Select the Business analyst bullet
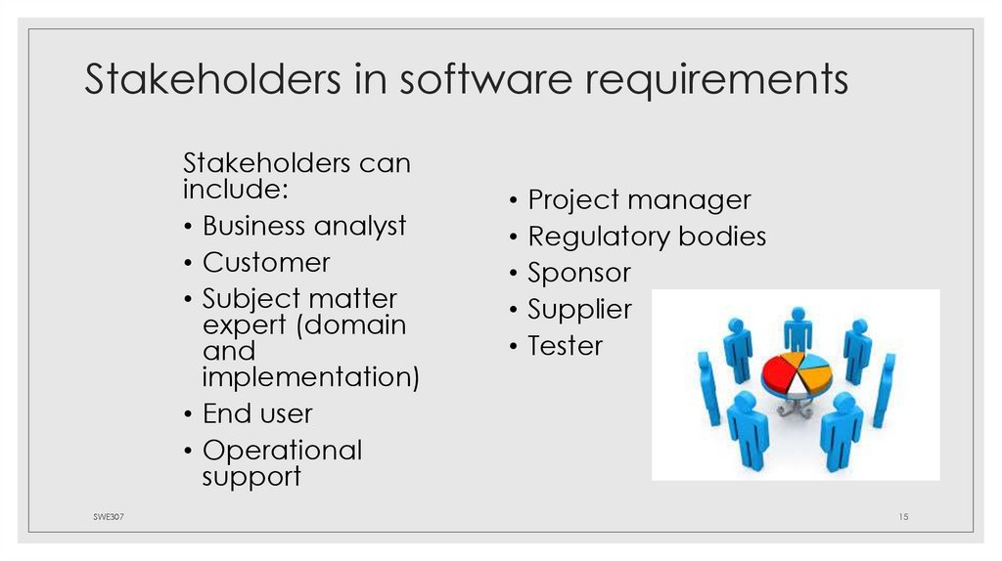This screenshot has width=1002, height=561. [303, 226]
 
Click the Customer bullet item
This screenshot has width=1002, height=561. [266, 263]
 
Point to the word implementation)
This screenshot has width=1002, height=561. [311, 376]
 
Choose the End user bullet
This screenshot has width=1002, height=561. [257, 413]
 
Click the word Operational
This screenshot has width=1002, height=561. [282, 451]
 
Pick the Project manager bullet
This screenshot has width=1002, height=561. [639, 200]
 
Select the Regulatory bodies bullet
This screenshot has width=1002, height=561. [647, 237]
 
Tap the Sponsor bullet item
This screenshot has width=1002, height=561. [579, 273]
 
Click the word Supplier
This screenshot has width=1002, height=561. [579, 310]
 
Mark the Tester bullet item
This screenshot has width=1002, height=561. [566, 346]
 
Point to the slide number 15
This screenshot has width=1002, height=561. [903, 516]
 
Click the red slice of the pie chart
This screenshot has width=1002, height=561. [779, 372]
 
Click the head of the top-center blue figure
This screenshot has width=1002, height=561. [798, 315]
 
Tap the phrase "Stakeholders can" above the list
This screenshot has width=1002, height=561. [296, 163]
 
